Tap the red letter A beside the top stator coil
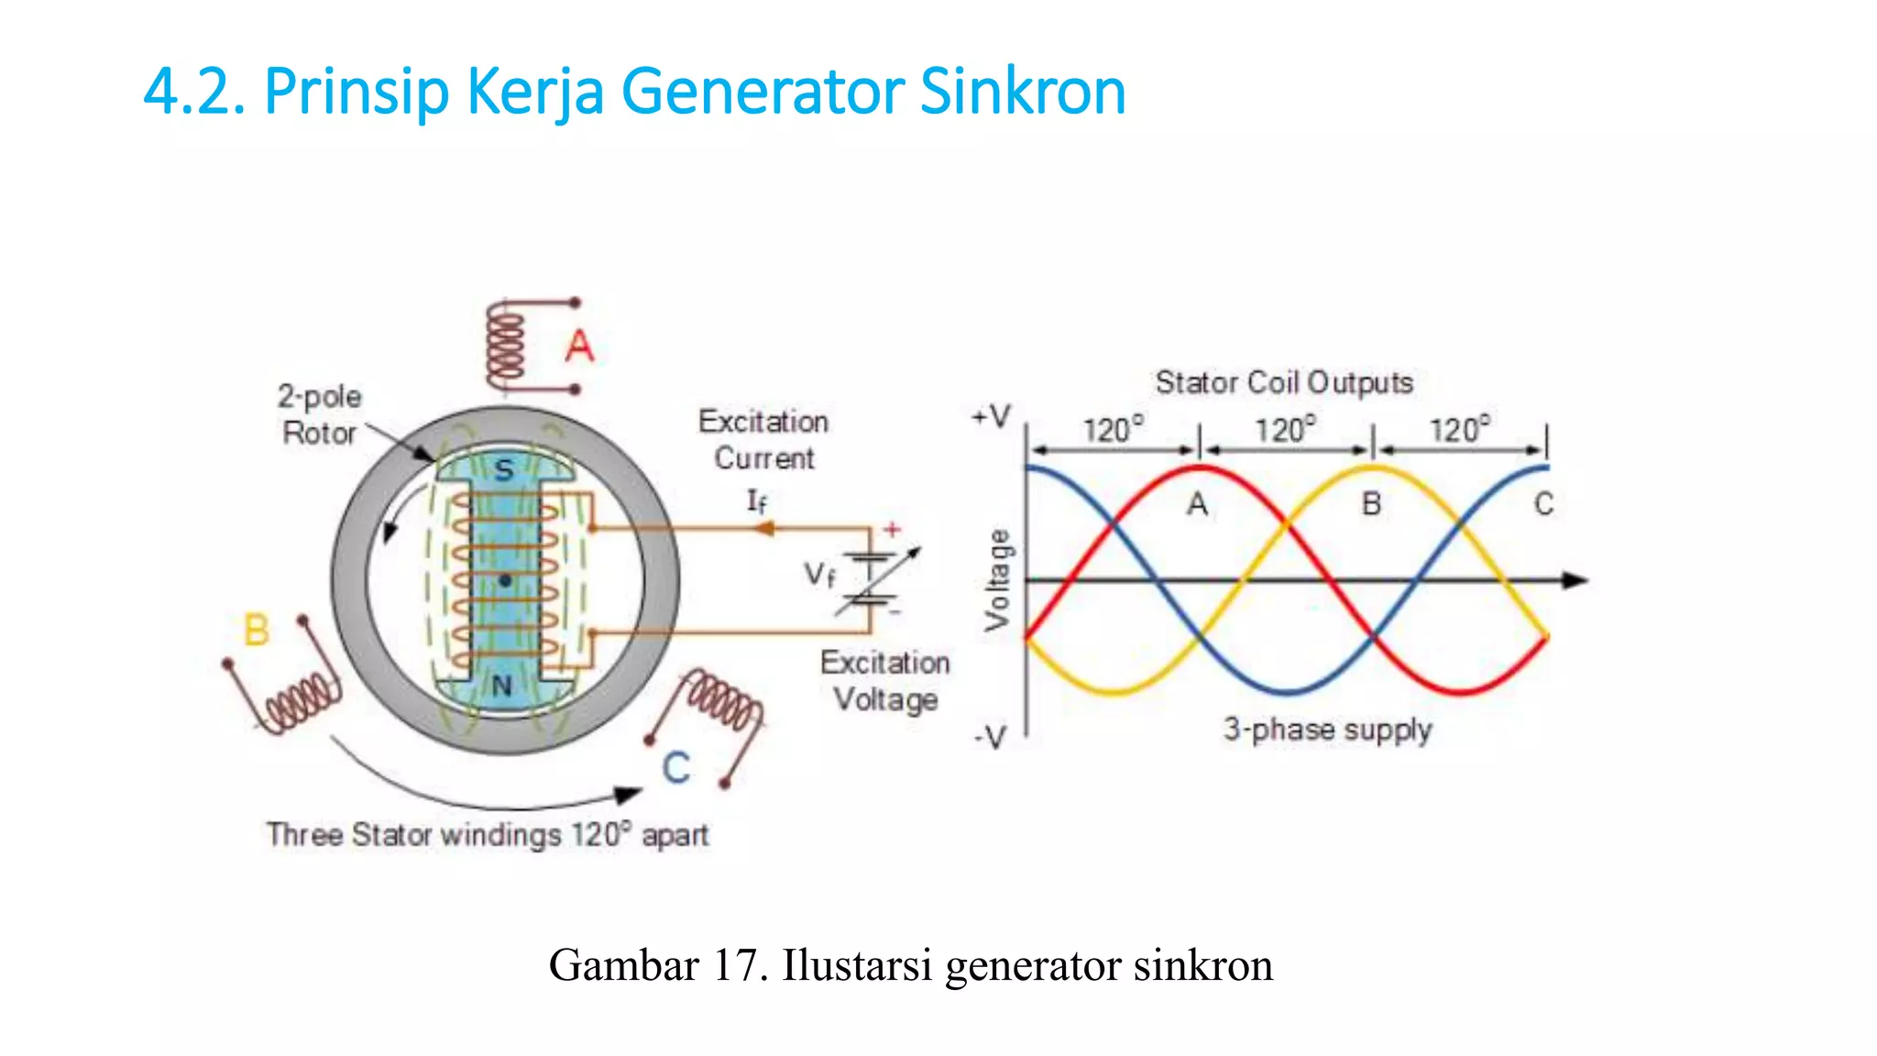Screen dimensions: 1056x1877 [579, 346]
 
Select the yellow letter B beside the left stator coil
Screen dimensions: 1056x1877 [257, 630]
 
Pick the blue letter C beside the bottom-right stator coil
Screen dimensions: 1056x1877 [676, 767]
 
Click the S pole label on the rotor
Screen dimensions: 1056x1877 [504, 470]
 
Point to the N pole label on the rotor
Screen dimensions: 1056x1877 [502, 686]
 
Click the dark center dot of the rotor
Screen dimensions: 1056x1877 [505, 580]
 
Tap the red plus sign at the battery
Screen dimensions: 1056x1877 [891, 529]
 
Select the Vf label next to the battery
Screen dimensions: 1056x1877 [819, 575]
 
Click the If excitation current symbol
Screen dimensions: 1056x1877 [756, 500]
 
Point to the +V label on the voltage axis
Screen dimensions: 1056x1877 [992, 417]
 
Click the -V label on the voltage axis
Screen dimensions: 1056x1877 [990, 736]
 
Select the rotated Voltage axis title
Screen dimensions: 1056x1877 [998, 580]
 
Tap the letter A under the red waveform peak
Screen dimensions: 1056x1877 [1197, 504]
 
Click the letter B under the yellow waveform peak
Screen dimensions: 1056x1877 [1371, 503]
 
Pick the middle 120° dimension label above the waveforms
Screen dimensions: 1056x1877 [1285, 429]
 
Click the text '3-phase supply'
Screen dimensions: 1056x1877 [1327, 730]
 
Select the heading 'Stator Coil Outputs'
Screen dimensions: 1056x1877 [1284, 382]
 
